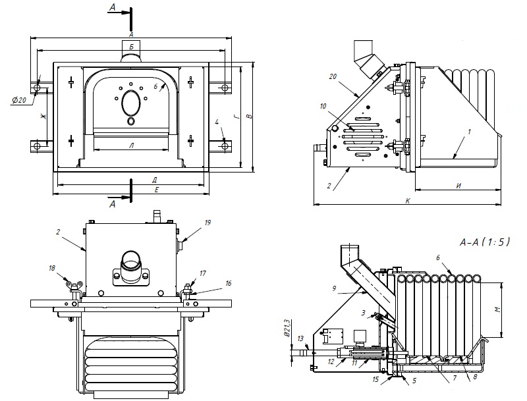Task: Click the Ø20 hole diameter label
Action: point(18,99)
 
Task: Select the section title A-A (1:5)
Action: point(484,242)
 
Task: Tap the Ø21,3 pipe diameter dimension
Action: point(287,329)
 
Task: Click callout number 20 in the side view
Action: point(333,76)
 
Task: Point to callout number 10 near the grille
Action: point(323,107)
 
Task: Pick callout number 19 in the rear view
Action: point(208,223)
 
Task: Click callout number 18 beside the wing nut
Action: point(52,268)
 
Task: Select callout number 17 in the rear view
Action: point(203,273)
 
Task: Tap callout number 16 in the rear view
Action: point(229,283)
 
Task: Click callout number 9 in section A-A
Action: point(334,288)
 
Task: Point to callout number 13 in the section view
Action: point(300,338)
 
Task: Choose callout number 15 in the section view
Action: point(375,379)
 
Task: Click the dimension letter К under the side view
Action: point(408,200)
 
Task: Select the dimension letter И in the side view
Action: point(458,186)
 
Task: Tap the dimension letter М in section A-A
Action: point(498,309)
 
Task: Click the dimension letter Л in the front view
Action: point(131,146)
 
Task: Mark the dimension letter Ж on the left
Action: point(43,116)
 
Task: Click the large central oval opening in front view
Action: point(131,103)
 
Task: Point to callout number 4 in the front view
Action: point(217,122)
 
